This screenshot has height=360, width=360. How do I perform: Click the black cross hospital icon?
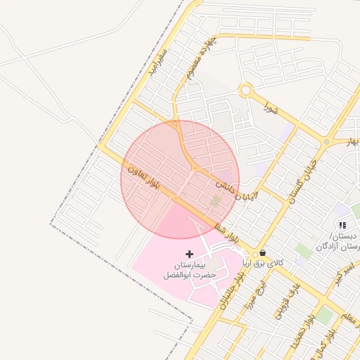coord(188,253)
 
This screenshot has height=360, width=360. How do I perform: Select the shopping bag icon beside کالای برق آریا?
coord(262,253)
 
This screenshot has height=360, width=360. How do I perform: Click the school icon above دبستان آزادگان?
coord(342,225)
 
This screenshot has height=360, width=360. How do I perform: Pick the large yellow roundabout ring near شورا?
coord(245,90)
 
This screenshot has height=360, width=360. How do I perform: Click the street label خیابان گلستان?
coord(302,178)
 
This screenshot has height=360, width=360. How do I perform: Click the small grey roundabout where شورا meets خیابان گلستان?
coord(326,143)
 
